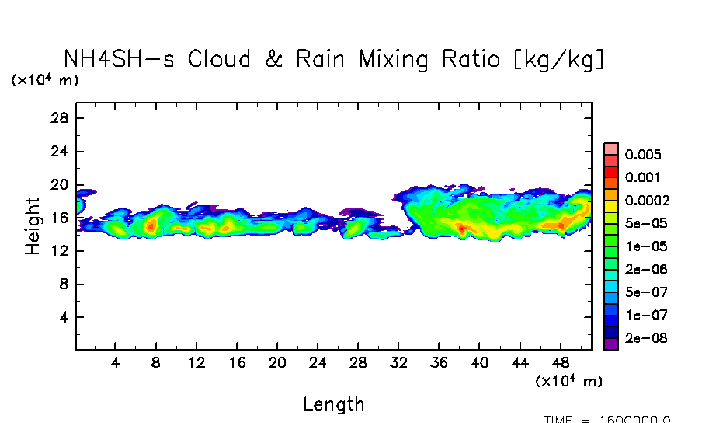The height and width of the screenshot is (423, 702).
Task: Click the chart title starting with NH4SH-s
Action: click(x=334, y=59)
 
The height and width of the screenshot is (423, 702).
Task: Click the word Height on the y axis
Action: click(x=33, y=226)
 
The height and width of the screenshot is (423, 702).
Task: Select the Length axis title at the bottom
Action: click(x=333, y=404)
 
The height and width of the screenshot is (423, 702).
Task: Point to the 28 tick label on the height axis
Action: click(x=61, y=118)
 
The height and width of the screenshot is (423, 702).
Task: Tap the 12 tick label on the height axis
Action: click(x=61, y=251)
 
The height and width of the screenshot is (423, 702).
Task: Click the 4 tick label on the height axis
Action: click(x=64, y=318)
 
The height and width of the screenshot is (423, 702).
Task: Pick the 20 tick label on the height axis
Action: click(x=61, y=185)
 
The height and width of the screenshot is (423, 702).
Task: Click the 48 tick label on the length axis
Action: click(x=561, y=363)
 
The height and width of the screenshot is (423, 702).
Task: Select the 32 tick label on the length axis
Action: click(x=399, y=363)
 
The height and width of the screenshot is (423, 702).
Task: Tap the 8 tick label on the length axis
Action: click(x=155, y=363)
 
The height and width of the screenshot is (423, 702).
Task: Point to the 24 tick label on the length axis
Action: click(x=318, y=363)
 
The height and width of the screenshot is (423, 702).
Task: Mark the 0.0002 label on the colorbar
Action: click(x=647, y=200)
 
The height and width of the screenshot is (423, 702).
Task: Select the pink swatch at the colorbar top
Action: click(x=611, y=149)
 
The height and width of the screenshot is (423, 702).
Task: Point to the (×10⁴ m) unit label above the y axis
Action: click(x=44, y=80)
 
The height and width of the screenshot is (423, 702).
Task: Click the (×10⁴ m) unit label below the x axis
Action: click(x=569, y=381)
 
